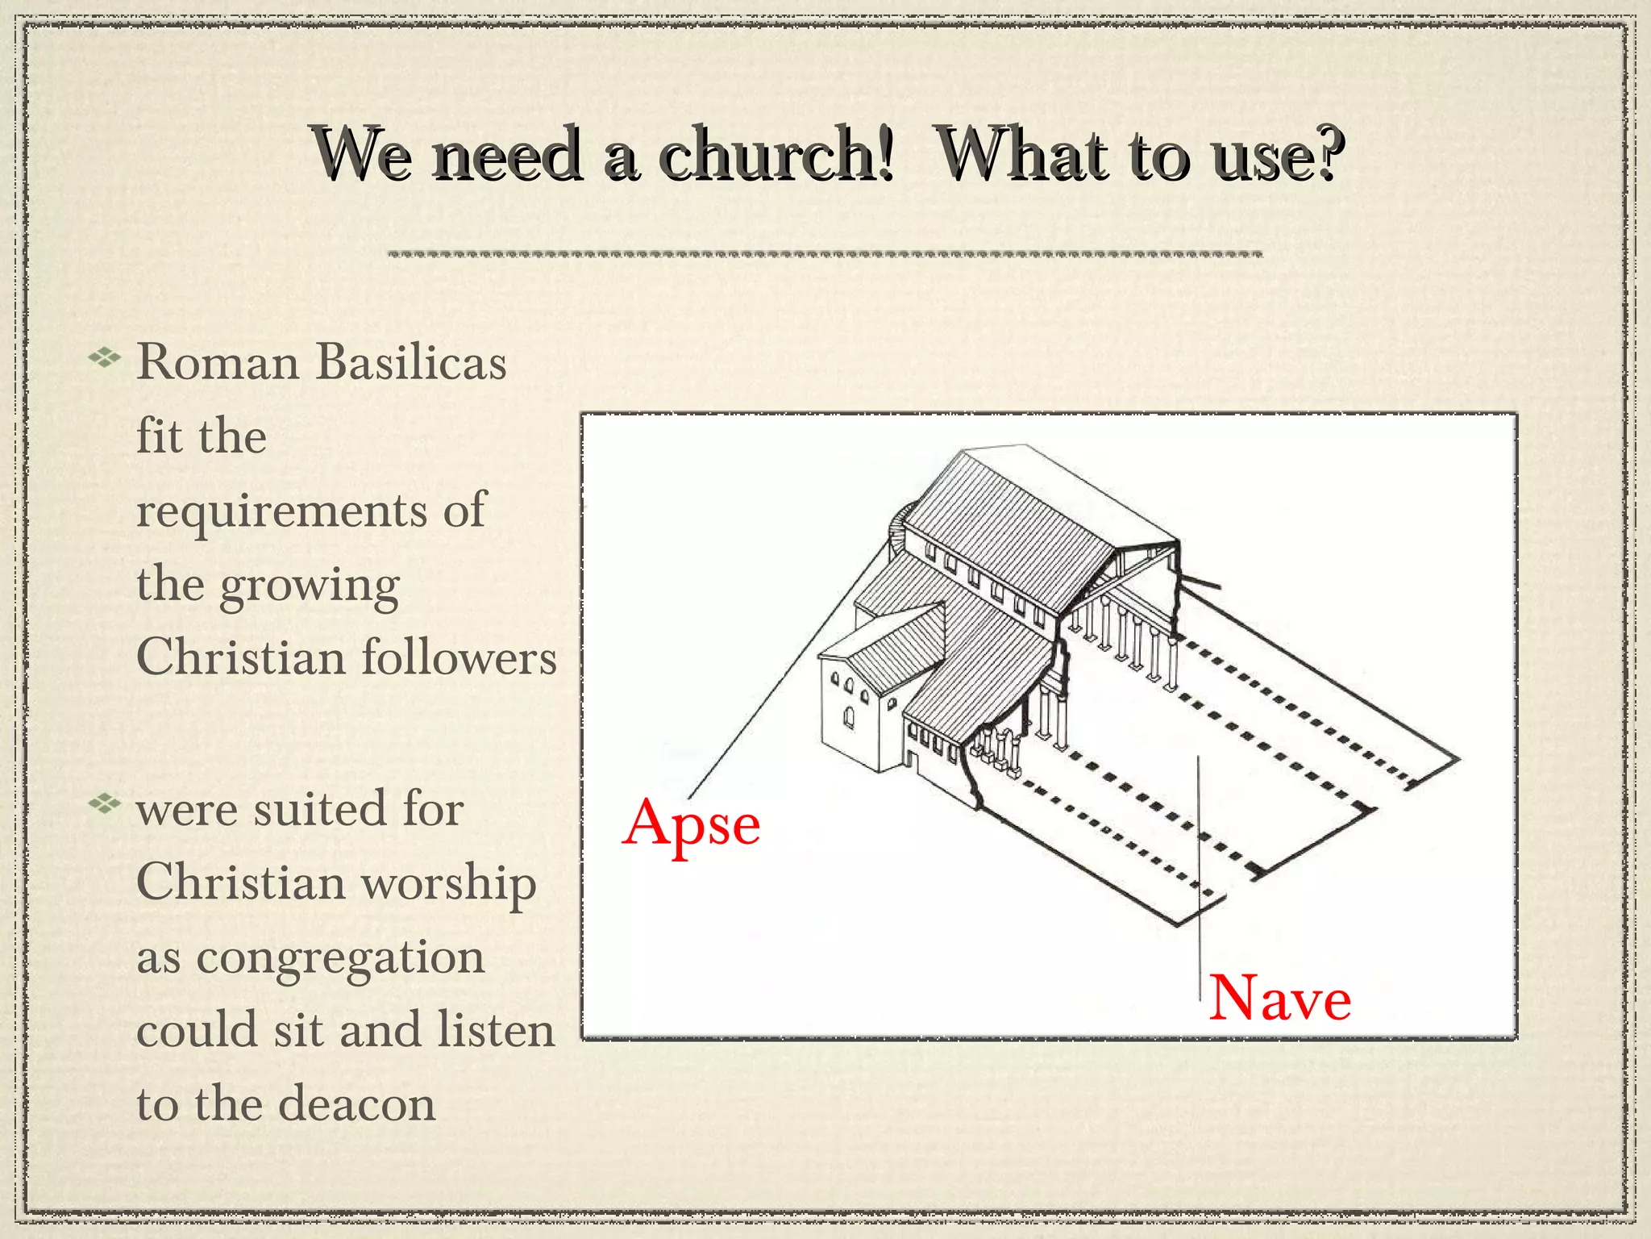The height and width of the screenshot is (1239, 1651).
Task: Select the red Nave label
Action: [1279, 999]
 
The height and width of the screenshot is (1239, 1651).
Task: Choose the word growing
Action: [310, 586]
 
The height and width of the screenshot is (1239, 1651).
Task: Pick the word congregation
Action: [340, 958]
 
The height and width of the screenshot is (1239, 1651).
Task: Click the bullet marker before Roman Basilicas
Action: [104, 357]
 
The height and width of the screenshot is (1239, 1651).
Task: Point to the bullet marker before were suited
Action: [104, 803]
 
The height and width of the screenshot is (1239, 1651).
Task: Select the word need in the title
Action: [508, 154]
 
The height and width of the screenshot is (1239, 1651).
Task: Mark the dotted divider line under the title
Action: [825, 254]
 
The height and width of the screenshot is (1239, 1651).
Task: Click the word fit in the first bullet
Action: [159, 436]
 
